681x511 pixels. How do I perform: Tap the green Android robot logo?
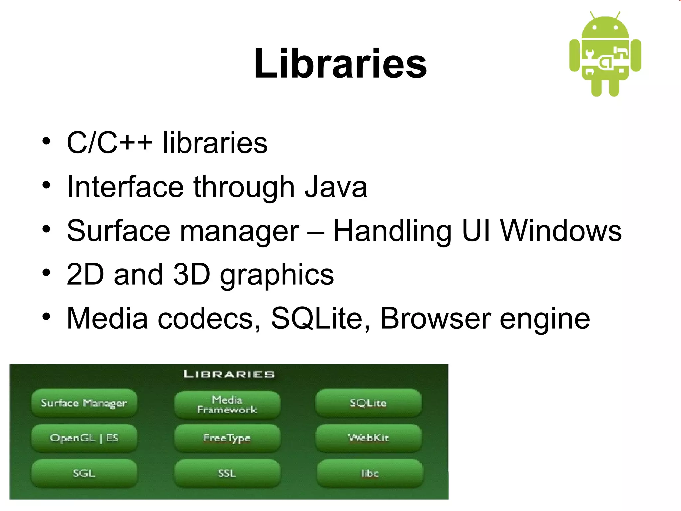pyautogui.click(x=605, y=55)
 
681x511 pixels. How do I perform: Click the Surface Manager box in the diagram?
pyautogui.click(x=84, y=403)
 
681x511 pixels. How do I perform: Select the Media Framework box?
pyautogui.click(x=227, y=405)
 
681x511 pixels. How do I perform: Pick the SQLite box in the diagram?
pyautogui.click(x=368, y=403)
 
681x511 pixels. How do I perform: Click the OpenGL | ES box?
pyautogui.click(x=84, y=438)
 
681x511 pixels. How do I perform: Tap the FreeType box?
pyautogui.click(x=227, y=438)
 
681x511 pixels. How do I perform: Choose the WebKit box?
pyautogui.click(x=368, y=438)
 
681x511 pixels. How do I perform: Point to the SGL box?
pyautogui.click(x=84, y=473)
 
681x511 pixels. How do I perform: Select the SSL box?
pyautogui.click(x=227, y=473)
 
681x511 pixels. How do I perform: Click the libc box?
pyautogui.click(x=370, y=473)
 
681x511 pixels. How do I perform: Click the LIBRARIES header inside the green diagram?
pyautogui.click(x=229, y=374)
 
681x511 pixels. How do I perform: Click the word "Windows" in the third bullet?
pyautogui.click(x=561, y=231)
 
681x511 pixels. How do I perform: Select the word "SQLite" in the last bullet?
pyautogui.click(x=316, y=318)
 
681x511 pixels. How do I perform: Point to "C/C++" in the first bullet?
pyautogui.click(x=110, y=143)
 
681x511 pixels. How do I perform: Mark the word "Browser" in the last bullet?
pyautogui.click(x=435, y=318)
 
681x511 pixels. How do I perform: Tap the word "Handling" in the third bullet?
pyautogui.click(x=392, y=231)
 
